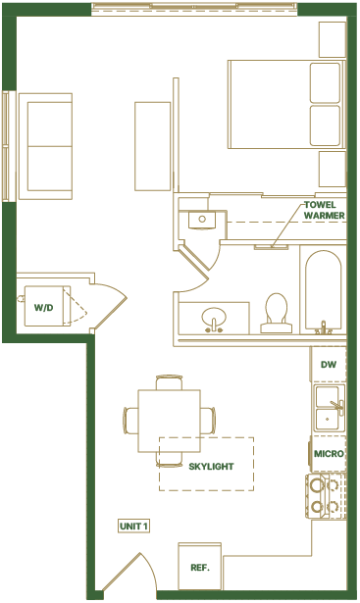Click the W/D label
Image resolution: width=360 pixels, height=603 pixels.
43,308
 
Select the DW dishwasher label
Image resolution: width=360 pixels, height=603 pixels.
329,365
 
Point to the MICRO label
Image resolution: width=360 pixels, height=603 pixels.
328,456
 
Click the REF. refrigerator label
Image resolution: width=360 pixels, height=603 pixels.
199,568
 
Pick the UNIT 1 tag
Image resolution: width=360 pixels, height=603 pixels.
132,527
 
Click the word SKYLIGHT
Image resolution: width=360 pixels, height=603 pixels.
211,466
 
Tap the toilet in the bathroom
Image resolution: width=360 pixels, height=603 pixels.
276,311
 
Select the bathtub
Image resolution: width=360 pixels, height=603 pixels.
322,289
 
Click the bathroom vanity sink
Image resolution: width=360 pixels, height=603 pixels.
213,319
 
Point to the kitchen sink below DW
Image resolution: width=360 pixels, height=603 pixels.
329,406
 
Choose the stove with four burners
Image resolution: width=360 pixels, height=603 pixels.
327,496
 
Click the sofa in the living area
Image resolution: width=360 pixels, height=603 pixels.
45,145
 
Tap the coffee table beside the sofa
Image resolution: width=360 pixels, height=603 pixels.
152,145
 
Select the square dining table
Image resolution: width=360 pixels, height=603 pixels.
169,420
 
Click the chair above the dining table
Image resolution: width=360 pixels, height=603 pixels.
169,381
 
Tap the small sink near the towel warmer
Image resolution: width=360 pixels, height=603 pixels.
202,219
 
